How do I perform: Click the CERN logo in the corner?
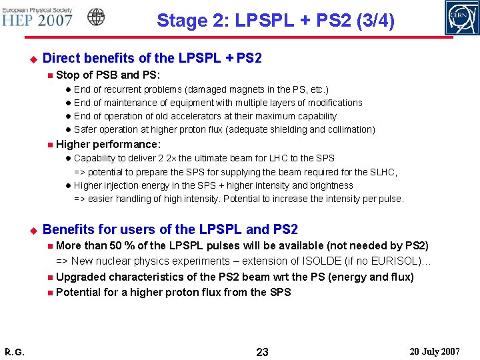(462, 18)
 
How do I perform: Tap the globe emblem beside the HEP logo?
(96, 17)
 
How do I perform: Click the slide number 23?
(262, 351)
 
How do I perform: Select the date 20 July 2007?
(435, 351)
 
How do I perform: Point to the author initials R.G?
(14, 351)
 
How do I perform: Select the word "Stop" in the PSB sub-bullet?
(67, 75)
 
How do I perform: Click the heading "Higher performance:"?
(109, 144)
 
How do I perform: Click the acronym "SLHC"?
(382, 172)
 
